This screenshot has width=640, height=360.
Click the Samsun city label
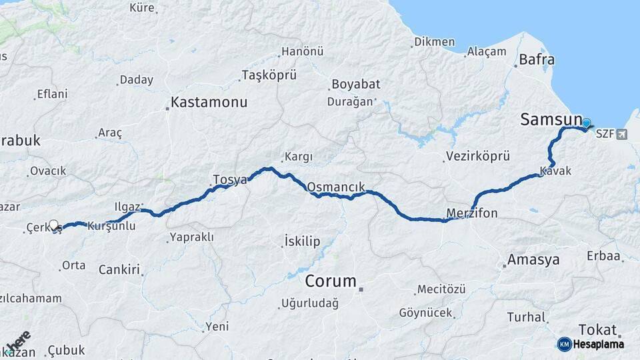coord(551,119)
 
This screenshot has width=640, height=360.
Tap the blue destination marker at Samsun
coord(587,123)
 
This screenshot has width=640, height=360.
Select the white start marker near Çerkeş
coord(54,225)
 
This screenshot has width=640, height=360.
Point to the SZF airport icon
coord(622,134)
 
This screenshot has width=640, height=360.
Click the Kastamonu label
coord(209,103)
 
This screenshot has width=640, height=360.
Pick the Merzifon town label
coord(471,213)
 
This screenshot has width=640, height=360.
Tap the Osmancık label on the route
coord(336,187)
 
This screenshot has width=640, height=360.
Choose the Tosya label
coord(229,179)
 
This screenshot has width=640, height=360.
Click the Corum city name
coord(330,281)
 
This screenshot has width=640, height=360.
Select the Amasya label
coord(533,259)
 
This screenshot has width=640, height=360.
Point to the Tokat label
coord(597,329)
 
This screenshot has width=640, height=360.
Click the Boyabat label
coord(355,85)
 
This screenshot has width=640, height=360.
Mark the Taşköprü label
coord(269,75)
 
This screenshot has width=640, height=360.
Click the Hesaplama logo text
coord(599,345)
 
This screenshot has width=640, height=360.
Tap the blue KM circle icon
coord(564,344)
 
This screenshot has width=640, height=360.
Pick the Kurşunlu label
coord(111,226)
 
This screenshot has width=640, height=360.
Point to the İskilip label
coord(302,241)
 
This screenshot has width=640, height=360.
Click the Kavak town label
coord(555,171)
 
